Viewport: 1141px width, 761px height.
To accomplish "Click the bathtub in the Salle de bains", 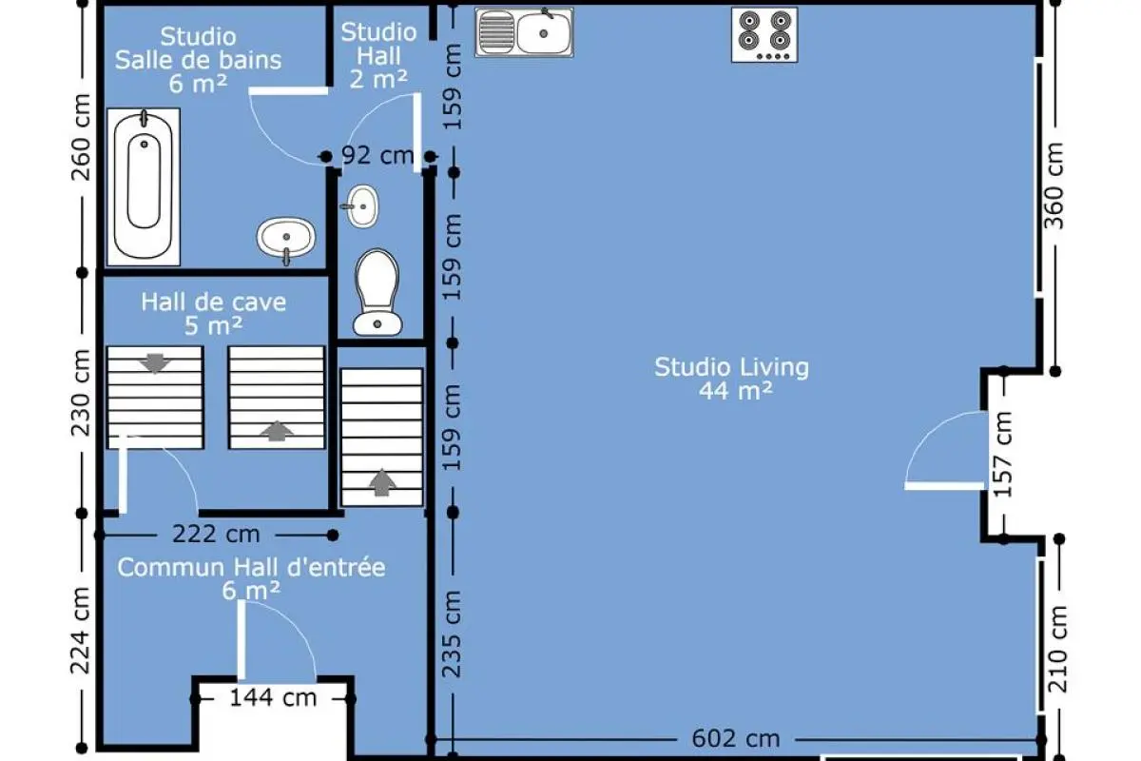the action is (x=144, y=186).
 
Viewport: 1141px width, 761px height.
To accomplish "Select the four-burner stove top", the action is (x=764, y=34).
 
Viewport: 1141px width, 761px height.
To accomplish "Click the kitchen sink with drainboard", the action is (x=524, y=31).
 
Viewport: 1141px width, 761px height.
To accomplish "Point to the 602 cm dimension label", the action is (x=736, y=738).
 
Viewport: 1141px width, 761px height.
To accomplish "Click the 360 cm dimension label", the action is (x=1054, y=185).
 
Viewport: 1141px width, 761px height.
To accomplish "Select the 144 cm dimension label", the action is (x=273, y=697).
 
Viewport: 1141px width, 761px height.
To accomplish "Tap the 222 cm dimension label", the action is (x=216, y=535).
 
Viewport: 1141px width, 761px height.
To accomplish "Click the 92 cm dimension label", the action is (x=377, y=155).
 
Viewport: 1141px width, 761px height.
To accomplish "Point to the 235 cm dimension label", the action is (x=452, y=634).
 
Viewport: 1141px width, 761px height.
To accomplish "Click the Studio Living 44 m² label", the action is (x=732, y=379).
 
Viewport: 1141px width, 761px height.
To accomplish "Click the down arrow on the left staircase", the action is (x=155, y=363).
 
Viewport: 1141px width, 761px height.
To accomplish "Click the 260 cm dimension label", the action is (x=81, y=138).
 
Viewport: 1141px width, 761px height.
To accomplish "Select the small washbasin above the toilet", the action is (x=362, y=205).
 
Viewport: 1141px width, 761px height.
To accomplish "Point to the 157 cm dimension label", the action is (x=1002, y=454).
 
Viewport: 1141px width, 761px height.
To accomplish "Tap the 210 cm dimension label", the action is (x=1057, y=649).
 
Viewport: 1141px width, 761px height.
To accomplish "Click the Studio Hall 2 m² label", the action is (x=379, y=55).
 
